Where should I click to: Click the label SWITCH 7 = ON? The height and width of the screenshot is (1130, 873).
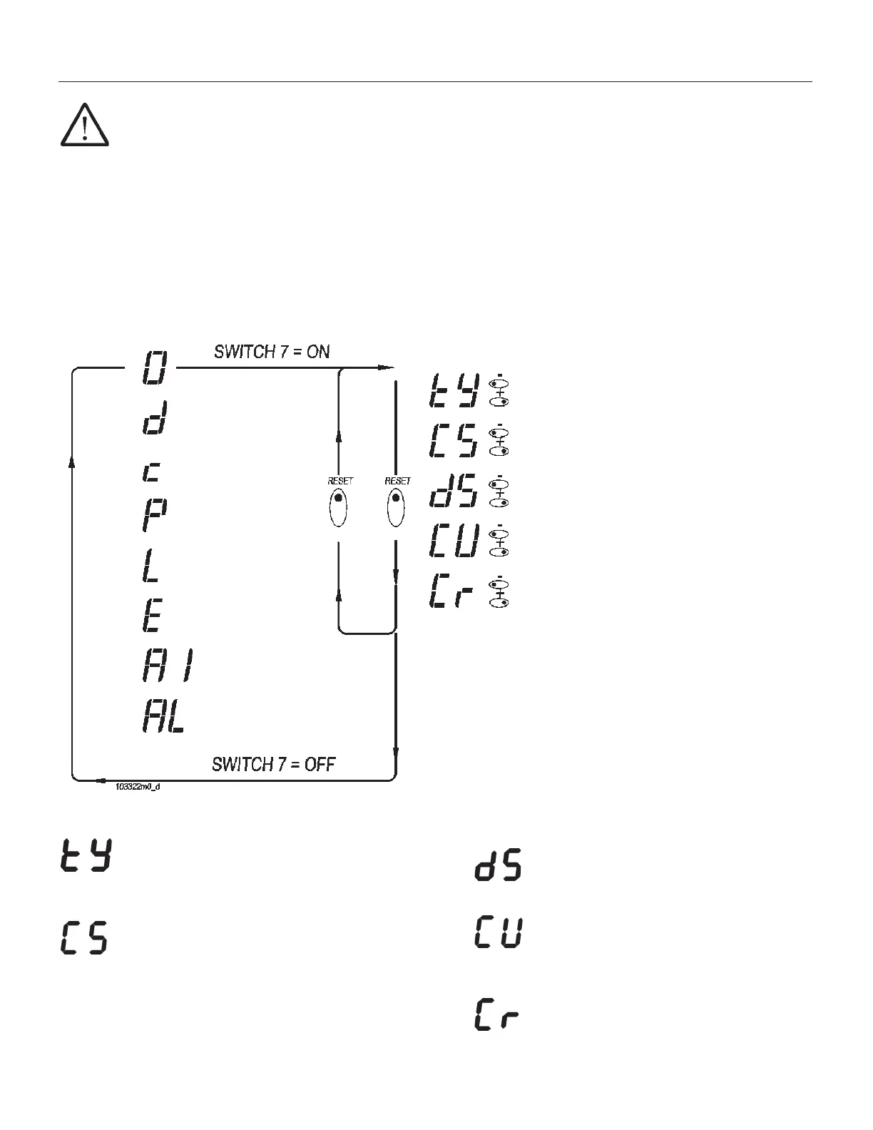272,351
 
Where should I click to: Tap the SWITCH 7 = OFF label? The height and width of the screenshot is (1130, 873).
274,764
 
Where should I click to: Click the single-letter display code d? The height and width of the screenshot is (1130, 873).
154,418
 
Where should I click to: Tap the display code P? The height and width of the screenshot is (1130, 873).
153,514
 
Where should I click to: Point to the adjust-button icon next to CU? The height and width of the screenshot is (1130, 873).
499,541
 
